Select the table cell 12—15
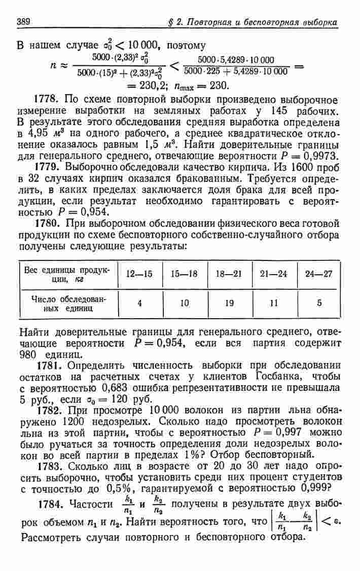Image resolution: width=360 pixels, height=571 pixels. click(x=139, y=274)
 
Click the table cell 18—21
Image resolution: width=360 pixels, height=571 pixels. click(x=228, y=274)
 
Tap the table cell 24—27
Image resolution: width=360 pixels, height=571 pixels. click(x=319, y=274)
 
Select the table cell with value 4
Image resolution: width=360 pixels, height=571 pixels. click(x=139, y=303)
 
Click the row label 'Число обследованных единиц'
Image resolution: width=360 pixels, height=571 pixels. click(x=67, y=303)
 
